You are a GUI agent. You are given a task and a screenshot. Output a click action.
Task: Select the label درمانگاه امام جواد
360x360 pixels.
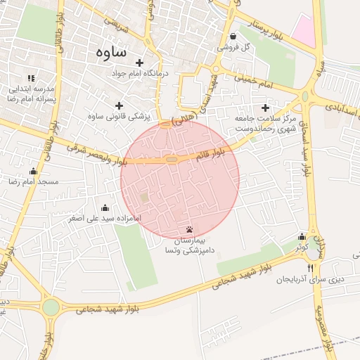[118, 73]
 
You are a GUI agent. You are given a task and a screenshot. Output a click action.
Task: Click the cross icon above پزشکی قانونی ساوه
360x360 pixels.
[119, 105]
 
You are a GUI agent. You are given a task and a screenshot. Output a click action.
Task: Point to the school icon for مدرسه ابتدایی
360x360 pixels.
[30, 77]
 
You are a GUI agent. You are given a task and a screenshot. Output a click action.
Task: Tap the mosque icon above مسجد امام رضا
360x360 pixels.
[33, 171]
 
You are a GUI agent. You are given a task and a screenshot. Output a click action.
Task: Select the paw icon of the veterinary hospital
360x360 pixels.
[189, 230]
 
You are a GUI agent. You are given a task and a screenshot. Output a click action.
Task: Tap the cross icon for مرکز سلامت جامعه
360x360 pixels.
[265, 108]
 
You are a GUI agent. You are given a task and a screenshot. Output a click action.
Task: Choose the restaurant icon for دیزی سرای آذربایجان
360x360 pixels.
[311, 268]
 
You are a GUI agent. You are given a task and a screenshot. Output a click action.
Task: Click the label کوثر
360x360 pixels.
[302, 247]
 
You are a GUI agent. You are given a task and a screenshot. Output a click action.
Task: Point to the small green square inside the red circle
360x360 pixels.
[144, 198]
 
